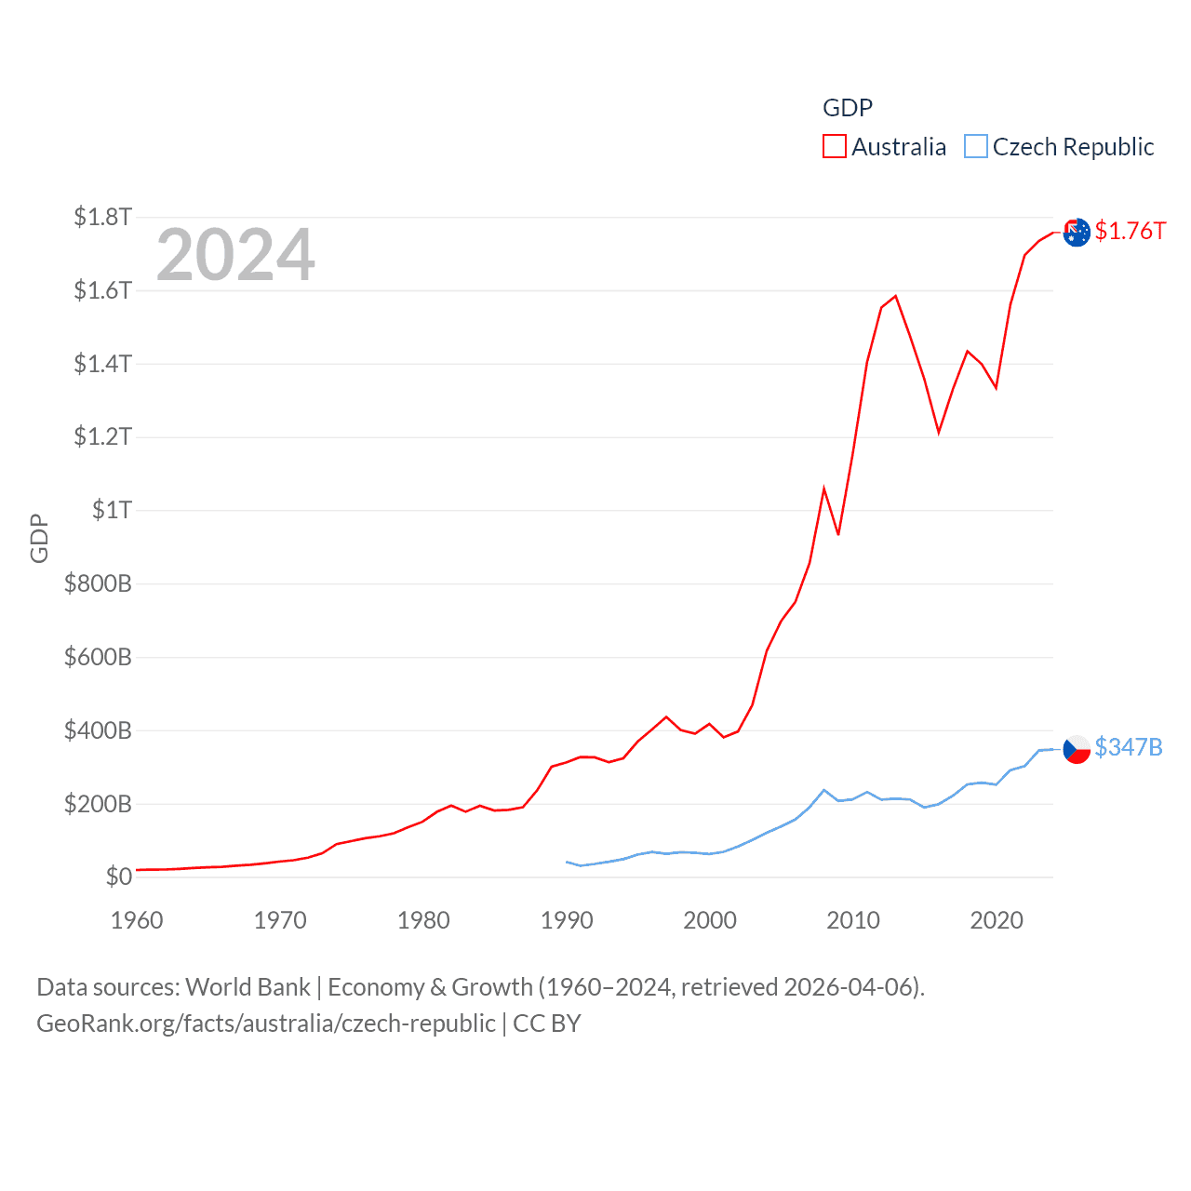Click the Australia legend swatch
(834, 147)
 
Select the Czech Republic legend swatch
(975, 147)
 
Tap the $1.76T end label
(1130, 231)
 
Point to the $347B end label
(1128, 747)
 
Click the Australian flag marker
(1077, 232)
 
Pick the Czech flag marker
(1077, 748)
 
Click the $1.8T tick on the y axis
(102, 217)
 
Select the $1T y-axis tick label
(112, 510)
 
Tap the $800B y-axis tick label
(98, 583)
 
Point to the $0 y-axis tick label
(118, 877)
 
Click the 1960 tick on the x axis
(137, 920)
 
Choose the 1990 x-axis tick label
(567, 920)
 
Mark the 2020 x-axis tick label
(997, 920)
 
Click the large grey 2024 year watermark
(235, 255)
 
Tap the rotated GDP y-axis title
(39, 538)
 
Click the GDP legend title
(848, 108)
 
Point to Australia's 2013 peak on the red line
(895, 296)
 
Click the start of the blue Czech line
(567, 862)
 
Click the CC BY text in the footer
(547, 1024)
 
